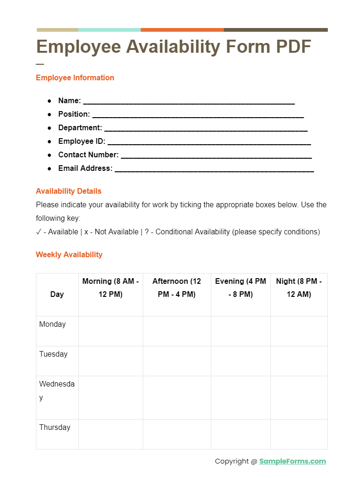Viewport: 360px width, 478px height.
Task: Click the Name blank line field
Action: pyautogui.click(x=188, y=101)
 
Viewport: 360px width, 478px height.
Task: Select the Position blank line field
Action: pyautogui.click(x=198, y=115)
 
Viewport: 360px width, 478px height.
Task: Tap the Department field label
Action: pyautogui.click(x=80, y=128)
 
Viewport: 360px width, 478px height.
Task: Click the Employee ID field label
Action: pyautogui.click(x=82, y=141)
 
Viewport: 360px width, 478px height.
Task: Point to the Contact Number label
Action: pyautogui.click(x=88, y=155)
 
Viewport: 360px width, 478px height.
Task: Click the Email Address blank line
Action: pyautogui.click(x=214, y=169)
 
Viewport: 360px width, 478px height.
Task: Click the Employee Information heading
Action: pyautogui.click(x=75, y=78)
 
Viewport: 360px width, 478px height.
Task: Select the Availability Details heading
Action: pyautogui.click(x=69, y=191)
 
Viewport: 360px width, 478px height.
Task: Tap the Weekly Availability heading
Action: pyautogui.click(x=69, y=255)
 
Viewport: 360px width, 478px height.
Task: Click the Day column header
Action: pyautogui.click(x=57, y=295)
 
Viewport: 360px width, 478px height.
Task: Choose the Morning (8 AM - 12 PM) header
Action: pyautogui.click(x=111, y=288)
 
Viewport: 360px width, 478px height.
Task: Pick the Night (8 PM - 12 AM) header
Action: pyautogui.click(x=299, y=288)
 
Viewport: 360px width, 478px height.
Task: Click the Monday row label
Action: pyautogui.click(x=52, y=324)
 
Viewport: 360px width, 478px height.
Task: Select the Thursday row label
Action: pyautogui.click(x=55, y=428)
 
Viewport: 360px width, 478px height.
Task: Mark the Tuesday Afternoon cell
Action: pyautogui.click(x=177, y=361)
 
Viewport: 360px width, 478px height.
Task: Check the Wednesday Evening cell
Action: pyautogui.click(x=241, y=397)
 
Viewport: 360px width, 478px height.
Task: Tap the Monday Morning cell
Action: pyautogui.click(x=111, y=331)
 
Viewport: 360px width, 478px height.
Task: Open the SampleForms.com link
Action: pyautogui.click(x=292, y=462)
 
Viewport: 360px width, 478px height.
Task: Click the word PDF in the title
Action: pyautogui.click(x=293, y=47)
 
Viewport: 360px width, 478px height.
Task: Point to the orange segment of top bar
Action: pyautogui.click(x=182, y=30)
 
